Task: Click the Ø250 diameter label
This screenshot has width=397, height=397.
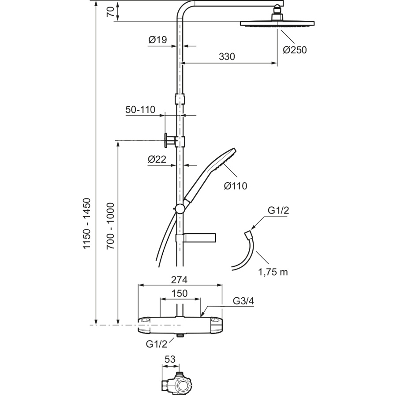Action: (295, 50)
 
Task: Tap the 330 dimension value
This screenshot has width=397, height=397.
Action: (227, 56)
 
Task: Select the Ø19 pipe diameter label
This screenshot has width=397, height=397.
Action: (158, 40)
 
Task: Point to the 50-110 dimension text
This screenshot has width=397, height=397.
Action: (140, 110)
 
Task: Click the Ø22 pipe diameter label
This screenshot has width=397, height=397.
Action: (157, 159)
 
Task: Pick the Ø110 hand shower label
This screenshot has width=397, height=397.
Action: (236, 186)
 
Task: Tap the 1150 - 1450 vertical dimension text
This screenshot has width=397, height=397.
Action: (87, 224)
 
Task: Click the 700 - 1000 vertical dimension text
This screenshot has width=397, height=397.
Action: (110, 226)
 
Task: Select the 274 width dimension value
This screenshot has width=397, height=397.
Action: (179, 280)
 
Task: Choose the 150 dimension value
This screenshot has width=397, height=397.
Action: (180, 293)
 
